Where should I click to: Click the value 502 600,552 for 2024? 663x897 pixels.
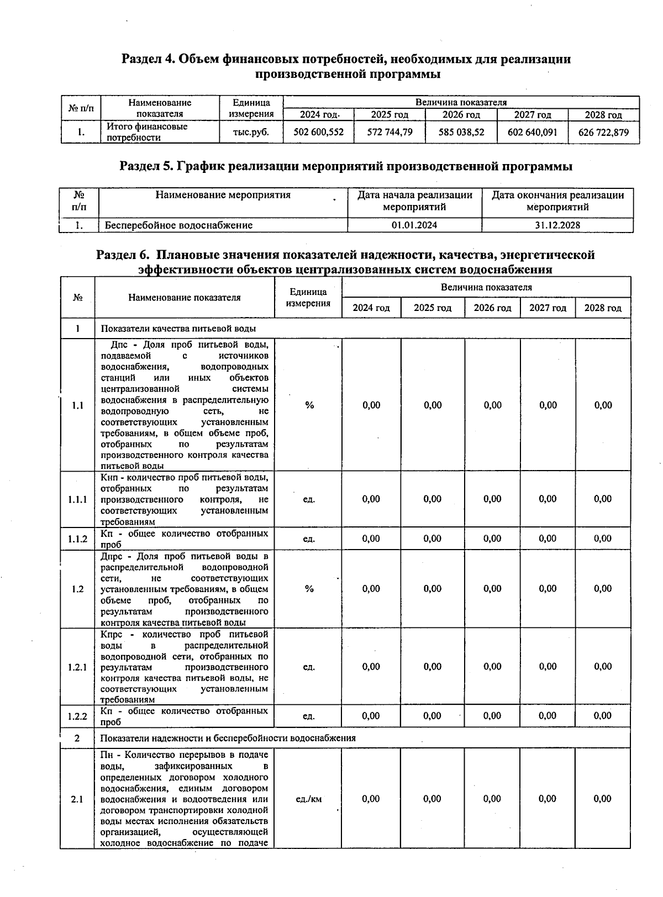pos(318,133)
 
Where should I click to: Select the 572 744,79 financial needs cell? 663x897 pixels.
pos(390,133)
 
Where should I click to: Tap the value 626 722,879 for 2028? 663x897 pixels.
pos(603,133)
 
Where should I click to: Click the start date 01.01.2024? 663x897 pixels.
pos(414,225)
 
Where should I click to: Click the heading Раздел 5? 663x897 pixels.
pos(346,166)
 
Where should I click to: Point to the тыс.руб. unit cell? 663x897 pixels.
pos(251,133)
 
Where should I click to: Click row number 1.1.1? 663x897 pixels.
pos(77,499)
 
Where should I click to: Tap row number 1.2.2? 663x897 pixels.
pos(77,716)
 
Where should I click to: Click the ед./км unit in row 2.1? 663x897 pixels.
pos(309,799)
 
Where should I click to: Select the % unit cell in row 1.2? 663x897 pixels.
pos(309,589)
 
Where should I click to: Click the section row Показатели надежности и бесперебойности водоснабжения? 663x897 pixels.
pos(228,738)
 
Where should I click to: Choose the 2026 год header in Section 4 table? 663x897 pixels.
pos(461,115)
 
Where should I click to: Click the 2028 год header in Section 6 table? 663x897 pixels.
pos(603,308)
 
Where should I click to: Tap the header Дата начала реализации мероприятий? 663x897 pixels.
pos(414,201)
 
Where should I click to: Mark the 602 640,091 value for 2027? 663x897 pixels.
pos(532,133)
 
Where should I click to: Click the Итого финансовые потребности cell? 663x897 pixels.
pos(147,132)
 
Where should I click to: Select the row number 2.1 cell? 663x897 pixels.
pos(77,799)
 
